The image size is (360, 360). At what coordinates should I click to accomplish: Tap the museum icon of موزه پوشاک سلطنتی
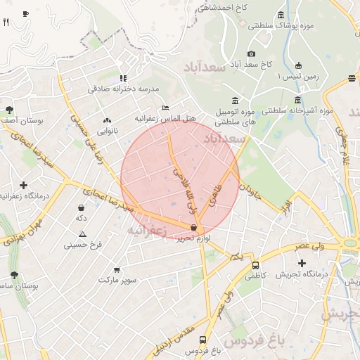tap(281, 15)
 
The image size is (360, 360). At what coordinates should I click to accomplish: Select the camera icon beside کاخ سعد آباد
tap(251, 54)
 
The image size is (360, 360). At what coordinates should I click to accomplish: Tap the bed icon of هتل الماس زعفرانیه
tap(165, 108)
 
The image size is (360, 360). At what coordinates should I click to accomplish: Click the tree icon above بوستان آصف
tap(9, 110)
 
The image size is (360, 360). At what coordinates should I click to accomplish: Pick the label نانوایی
tap(108, 131)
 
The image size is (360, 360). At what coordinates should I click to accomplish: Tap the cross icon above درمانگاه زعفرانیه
tap(24, 185)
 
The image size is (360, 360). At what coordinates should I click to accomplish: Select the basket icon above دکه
tap(82, 208)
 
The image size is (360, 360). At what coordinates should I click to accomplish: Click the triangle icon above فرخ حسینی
tap(83, 234)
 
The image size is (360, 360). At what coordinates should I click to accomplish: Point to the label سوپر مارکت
tap(118, 280)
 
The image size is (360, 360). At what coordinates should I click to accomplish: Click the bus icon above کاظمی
tap(255, 266)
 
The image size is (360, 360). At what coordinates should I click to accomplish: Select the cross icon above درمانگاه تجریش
tap(302, 263)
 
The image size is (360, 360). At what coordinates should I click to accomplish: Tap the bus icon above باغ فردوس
tap(203, 339)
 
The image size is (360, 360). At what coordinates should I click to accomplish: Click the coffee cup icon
tap(25, 13)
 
